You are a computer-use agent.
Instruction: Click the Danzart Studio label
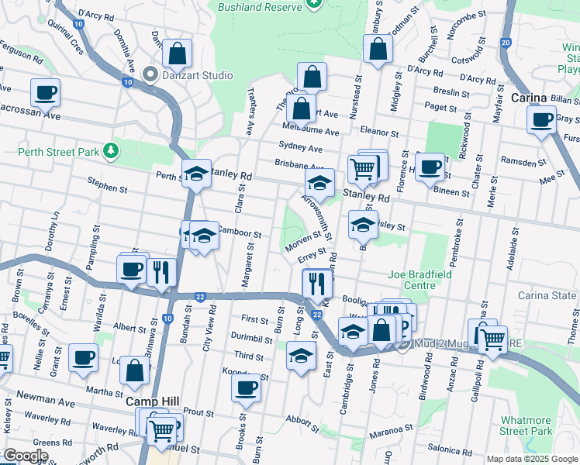[197, 75]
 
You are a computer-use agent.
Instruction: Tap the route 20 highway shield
[506, 43]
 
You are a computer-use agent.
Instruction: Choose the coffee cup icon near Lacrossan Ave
[45, 93]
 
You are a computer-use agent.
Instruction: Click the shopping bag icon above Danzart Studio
[178, 53]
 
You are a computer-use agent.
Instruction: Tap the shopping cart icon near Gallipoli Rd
[492, 338]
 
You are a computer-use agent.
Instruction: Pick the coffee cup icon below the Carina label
[541, 119]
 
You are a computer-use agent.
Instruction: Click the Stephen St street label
[107, 188]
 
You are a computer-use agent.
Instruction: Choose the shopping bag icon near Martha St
[135, 370]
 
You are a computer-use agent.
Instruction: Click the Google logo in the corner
[26, 456]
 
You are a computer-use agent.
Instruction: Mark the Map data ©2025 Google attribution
[531, 459]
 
